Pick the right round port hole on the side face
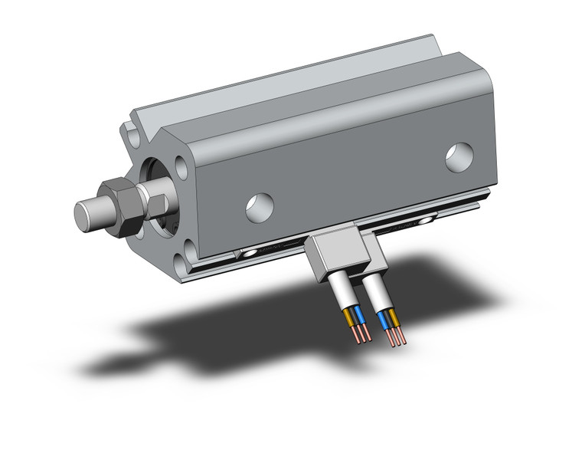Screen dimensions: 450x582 click(459, 157)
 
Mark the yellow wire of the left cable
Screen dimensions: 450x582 click(349, 315)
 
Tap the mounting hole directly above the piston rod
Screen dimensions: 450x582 click(181, 167)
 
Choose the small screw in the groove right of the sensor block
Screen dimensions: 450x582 click(423, 221)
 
